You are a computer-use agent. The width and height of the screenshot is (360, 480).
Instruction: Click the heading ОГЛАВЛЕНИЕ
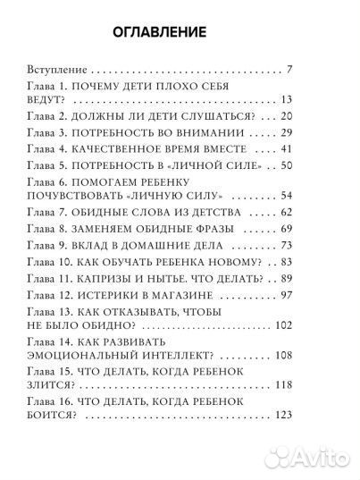[162, 33]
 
